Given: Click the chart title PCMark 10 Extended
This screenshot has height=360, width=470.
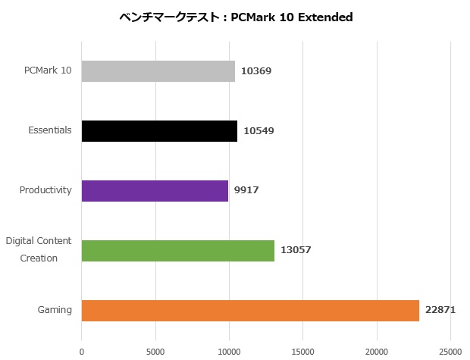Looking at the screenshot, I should pyautogui.click(x=236, y=17).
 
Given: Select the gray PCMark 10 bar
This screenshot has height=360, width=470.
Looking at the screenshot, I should pyautogui.click(x=158, y=71).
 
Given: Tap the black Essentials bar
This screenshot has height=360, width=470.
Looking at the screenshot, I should pyautogui.click(x=158, y=131).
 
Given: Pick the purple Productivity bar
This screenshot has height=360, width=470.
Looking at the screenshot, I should pyautogui.click(x=155, y=190).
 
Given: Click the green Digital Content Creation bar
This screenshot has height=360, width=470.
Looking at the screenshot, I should pyautogui.click(x=177, y=250).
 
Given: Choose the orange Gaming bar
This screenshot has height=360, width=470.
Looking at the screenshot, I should pyautogui.click(x=249, y=310).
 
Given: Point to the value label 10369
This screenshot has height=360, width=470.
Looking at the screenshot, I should pyautogui.click(x=256, y=71).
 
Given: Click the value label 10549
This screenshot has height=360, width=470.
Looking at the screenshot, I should pyautogui.click(x=258, y=131).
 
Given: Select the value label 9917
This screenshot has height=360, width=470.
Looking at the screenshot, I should pyautogui.click(x=246, y=190).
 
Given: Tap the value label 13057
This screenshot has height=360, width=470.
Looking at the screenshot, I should pyautogui.click(x=296, y=250).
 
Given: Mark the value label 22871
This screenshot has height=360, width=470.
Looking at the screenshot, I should pyautogui.click(x=440, y=310).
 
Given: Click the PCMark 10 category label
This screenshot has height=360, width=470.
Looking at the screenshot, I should pyautogui.click(x=47, y=70).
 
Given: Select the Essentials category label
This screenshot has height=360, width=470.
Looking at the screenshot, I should pyautogui.click(x=50, y=130).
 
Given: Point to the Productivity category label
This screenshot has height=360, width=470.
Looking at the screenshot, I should pyautogui.click(x=45, y=190).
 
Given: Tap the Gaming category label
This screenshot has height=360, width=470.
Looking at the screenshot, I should pyautogui.click(x=55, y=310).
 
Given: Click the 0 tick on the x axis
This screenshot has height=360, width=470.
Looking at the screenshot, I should pyautogui.click(x=82, y=351).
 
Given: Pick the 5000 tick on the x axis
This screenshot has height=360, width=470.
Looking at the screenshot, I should pyautogui.click(x=155, y=351).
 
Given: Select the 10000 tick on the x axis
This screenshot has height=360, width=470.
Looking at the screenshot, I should pyautogui.click(x=229, y=351).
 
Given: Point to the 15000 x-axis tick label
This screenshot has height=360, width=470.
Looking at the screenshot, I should pyautogui.click(x=303, y=351).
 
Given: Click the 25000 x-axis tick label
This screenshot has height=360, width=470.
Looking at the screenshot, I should pyautogui.click(x=450, y=351).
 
